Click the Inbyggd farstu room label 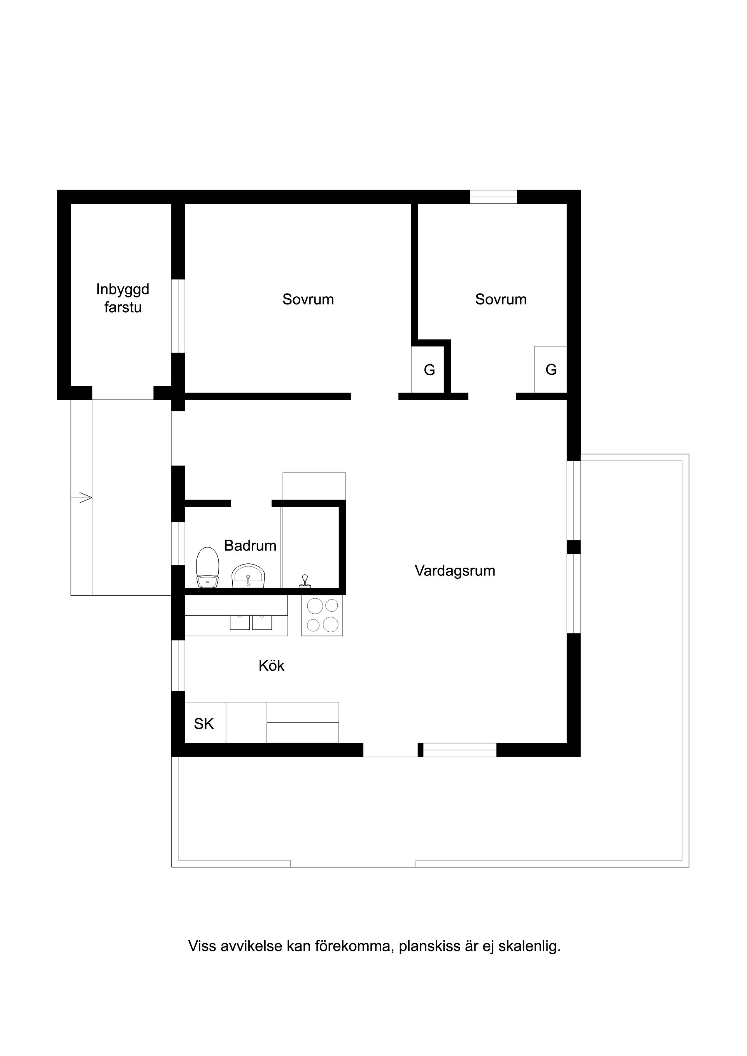pyautogui.click(x=123, y=298)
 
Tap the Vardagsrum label pyautogui.click(x=455, y=571)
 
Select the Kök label pyautogui.click(x=271, y=666)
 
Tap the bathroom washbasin pyautogui.click(x=249, y=576)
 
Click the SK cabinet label pyautogui.click(x=204, y=724)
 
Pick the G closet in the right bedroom pyautogui.click(x=551, y=369)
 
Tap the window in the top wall pyautogui.click(x=493, y=197)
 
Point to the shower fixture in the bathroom pyautogui.click(x=305, y=581)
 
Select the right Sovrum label pyautogui.click(x=501, y=299)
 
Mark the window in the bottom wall pyautogui.click(x=460, y=750)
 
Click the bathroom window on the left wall pyautogui.click(x=178, y=543)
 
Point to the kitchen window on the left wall pyautogui.click(x=178, y=666)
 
